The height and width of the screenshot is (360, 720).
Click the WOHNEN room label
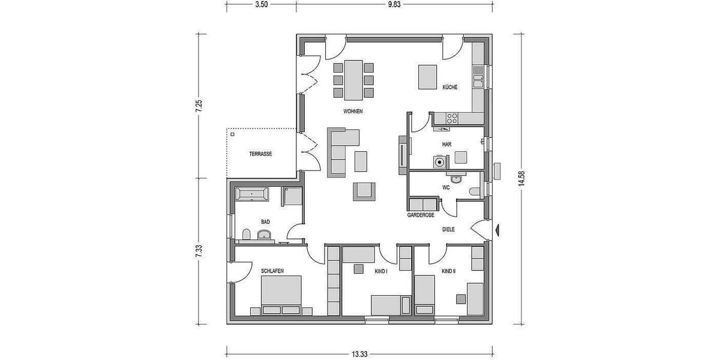(353, 112)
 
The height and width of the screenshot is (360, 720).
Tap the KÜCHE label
(450, 87)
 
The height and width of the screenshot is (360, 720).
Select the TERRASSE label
(260, 154)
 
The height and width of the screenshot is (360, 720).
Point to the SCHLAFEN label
(272, 271)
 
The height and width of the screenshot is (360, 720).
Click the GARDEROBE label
(421, 214)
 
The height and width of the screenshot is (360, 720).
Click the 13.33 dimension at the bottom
(359, 354)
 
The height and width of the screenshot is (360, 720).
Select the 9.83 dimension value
(394, 4)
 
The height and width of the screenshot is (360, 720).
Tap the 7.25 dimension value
(200, 106)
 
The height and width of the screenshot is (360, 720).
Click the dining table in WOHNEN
(353, 79)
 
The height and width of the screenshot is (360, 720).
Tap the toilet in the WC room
(475, 191)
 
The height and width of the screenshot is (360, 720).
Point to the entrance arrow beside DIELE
(498, 229)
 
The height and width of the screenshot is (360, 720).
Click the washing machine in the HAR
(440, 161)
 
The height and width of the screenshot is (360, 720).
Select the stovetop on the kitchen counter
(452, 117)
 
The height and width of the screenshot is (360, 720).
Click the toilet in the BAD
(246, 233)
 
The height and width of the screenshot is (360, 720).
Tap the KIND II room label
(448, 271)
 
